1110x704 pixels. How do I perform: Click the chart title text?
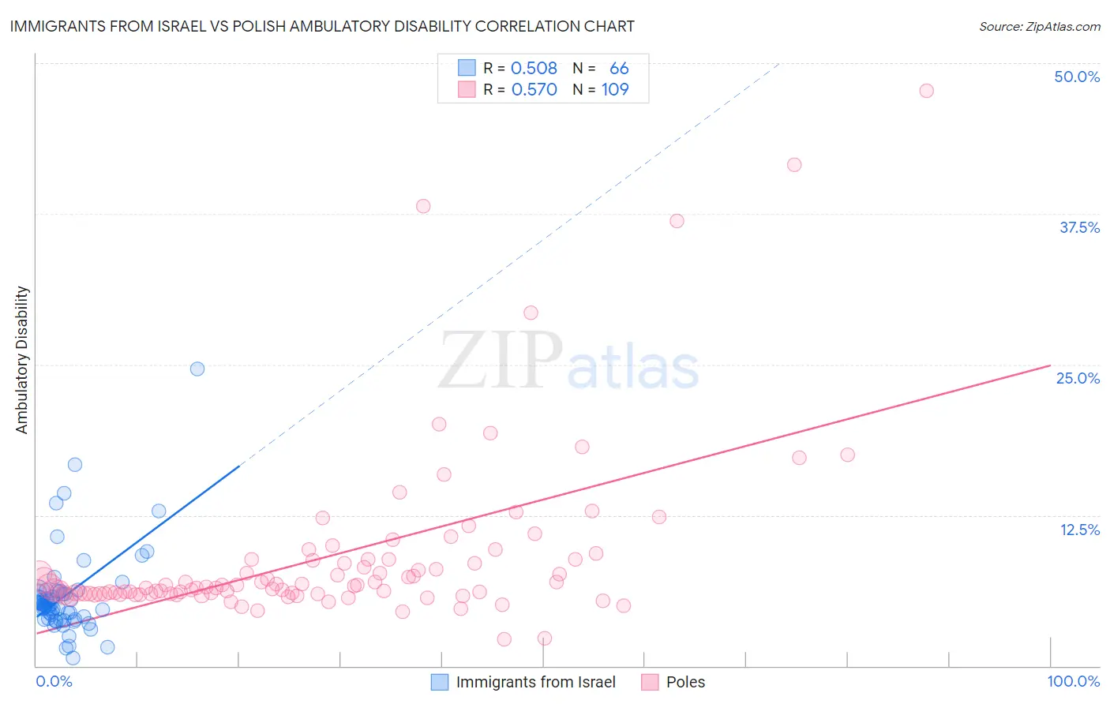coord(322,26)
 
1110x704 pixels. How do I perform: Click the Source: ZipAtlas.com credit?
coord(1039,26)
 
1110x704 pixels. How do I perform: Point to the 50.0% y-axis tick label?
coord(1077,77)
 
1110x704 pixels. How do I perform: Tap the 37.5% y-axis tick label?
coord(1079,227)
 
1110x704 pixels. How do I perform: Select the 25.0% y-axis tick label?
coord(1078,378)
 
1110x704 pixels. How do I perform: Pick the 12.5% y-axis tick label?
coord(1079,529)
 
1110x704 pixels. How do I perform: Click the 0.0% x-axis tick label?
coord(54,681)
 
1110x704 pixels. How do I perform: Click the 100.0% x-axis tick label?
coord(1073,681)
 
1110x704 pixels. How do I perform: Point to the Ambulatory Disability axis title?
coord(22,360)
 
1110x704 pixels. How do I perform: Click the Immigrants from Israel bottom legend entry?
coord(535,682)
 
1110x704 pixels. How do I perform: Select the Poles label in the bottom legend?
coord(685,682)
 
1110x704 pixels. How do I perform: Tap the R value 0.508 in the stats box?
coord(534,69)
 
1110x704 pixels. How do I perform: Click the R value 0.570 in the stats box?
coord(534,90)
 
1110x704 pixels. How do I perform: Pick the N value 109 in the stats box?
coord(615,90)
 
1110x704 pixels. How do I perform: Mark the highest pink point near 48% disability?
coord(926,91)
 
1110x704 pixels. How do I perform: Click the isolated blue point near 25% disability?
coord(197,369)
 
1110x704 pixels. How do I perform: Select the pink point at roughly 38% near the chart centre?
coord(423,206)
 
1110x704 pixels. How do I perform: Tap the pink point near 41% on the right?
coord(794,165)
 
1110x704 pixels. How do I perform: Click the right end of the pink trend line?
coord(1049,365)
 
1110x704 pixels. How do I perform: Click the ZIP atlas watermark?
coord(568,361)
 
